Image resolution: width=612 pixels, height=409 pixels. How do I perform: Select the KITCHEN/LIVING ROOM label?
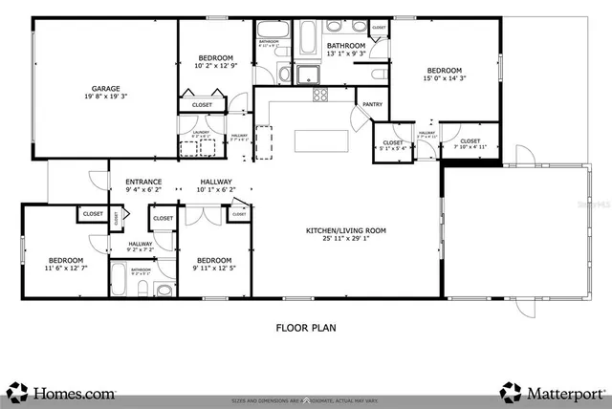click(345, 230)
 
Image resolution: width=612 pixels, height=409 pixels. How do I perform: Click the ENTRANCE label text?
click(143, 182)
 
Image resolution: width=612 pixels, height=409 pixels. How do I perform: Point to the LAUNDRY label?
click(201, 133)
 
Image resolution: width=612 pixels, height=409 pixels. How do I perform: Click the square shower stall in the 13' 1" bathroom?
click(308, 75)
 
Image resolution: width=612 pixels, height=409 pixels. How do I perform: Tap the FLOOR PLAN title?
click(305, 327)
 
